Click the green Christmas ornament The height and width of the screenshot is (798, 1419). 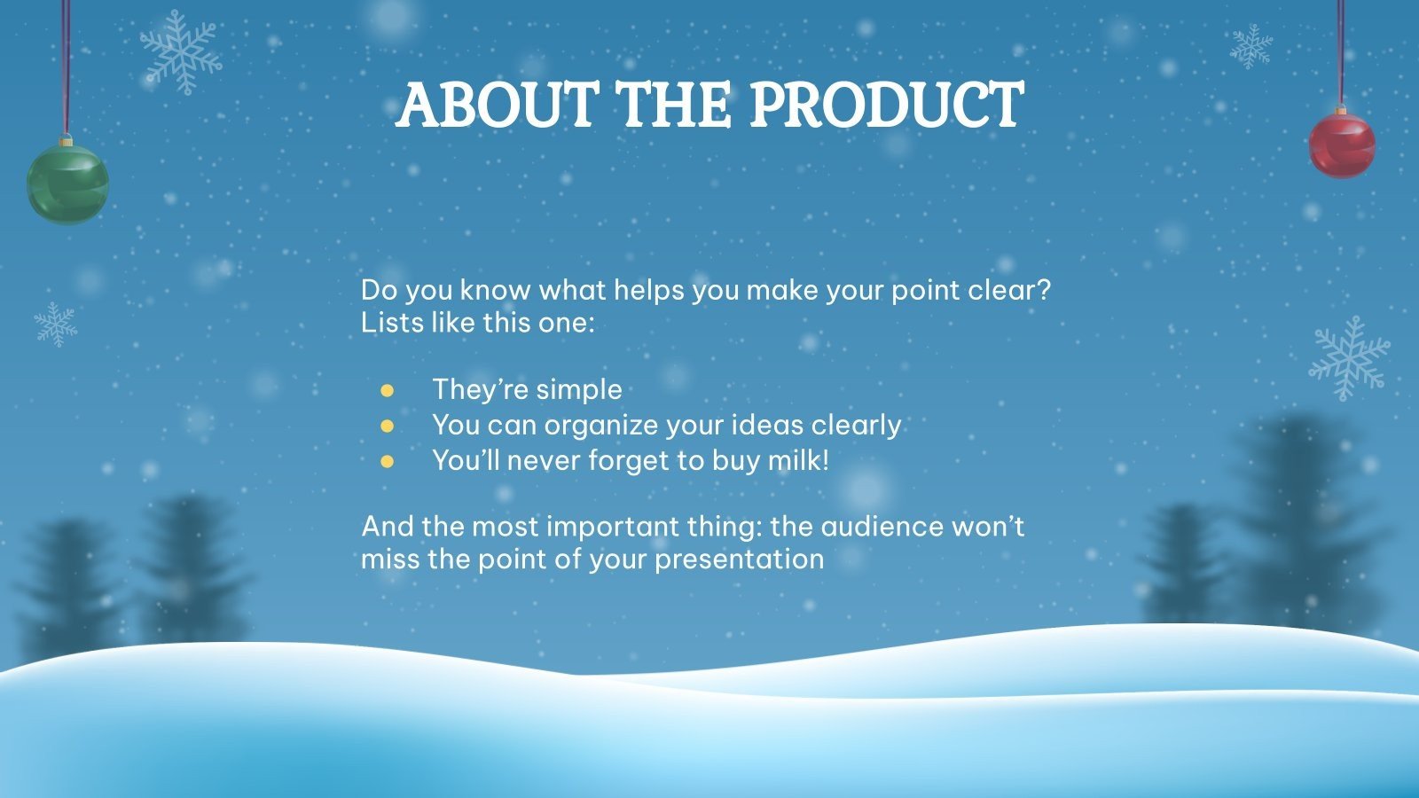(67, 184)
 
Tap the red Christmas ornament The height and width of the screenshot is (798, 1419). (1342, 145)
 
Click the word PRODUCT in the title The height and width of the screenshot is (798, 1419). (886, 106)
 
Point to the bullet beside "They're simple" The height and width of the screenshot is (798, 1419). (387, 390)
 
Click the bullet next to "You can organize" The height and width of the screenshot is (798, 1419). (387, 426)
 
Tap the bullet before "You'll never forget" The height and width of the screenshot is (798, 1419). (387, 461)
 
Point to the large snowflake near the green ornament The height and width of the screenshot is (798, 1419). (181, 51)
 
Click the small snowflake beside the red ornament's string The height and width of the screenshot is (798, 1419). (1250, 46)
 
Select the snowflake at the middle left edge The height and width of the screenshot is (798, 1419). (55, 324)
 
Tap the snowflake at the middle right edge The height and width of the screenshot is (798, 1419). (1351, 357)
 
